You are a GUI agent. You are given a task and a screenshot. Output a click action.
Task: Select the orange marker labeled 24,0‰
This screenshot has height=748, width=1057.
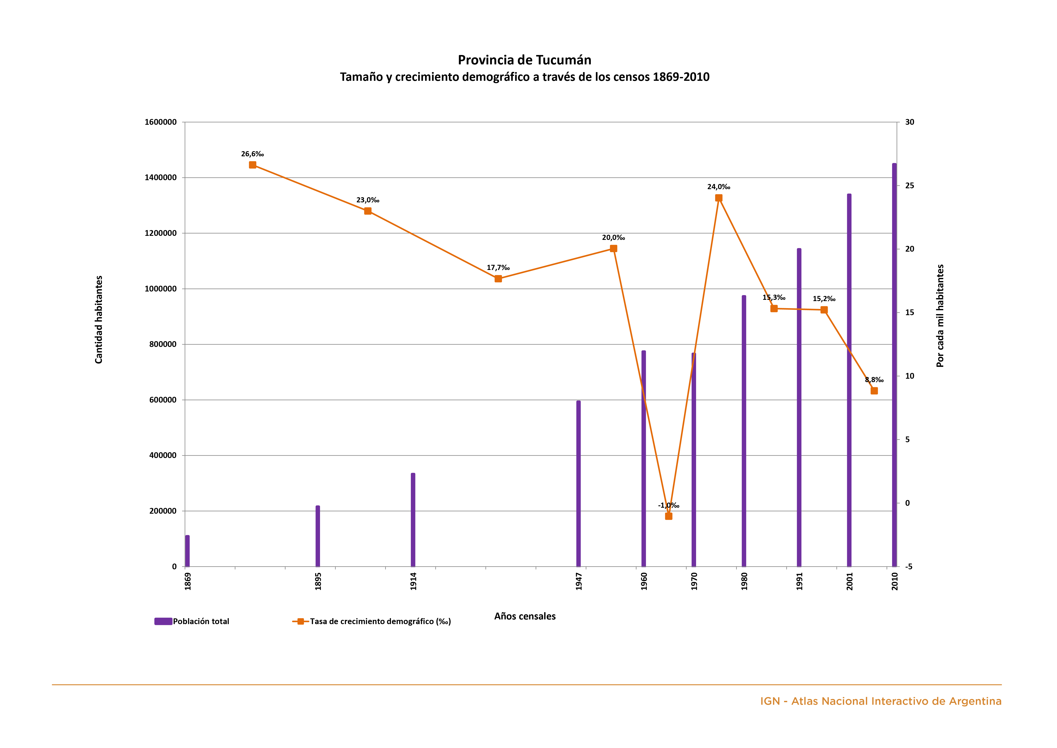pos(719,198)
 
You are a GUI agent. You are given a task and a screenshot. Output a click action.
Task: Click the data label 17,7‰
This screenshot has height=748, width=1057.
pos(498,268)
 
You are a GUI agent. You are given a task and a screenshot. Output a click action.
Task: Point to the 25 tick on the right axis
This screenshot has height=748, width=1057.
pos(910,186)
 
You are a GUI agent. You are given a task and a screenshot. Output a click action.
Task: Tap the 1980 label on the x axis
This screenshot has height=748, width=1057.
pos(744,581)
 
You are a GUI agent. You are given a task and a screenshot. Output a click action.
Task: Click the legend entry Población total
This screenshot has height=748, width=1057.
pos(201,621)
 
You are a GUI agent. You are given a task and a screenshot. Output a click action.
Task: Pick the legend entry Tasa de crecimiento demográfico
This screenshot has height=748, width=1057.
pos(380,621)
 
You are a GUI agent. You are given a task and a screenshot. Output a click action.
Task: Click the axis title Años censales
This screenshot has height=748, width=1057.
pos(525,616)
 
